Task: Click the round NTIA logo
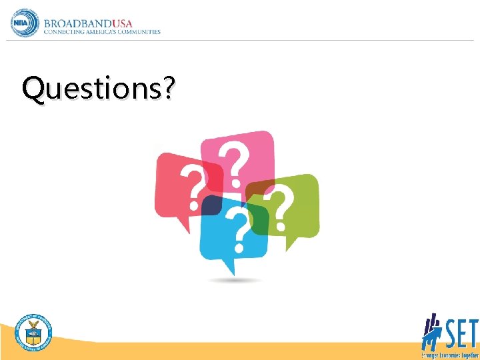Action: [25, 23]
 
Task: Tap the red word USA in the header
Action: [120, 21]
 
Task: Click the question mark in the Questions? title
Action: [169, 89]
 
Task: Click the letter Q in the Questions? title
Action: [32, 89]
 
